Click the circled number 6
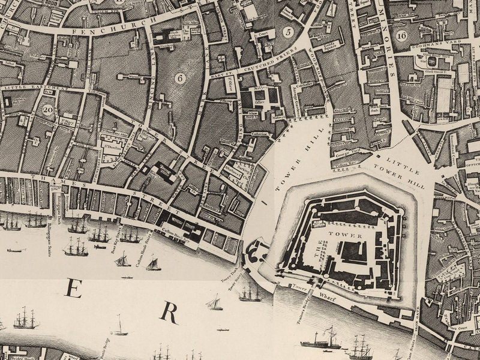pos(179,77)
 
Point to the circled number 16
pos(401,35)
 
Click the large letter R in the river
pos(170,313)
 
